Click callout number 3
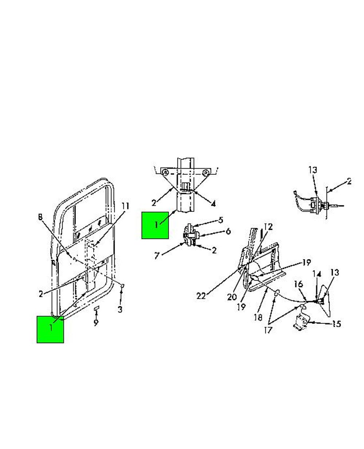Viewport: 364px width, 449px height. [120, 310]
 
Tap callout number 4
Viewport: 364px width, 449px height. [213, 204]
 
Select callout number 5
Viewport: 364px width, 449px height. [221, 220]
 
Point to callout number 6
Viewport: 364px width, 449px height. [228, 231]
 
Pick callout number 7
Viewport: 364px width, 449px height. [157, 256]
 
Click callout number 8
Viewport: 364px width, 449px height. [40, 217]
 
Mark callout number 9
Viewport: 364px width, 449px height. [96, 323]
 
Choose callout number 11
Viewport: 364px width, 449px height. [125, 206]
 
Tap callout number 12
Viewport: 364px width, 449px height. [269, 227]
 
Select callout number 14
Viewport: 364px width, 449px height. [317, 274]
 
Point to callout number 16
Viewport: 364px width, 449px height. [298, 284]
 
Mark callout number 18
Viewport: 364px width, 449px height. [258, 317]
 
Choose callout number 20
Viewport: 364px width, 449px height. [232, 297]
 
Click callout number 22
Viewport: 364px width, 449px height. [201, 296]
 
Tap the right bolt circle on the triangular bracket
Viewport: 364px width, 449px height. [205, 173]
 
